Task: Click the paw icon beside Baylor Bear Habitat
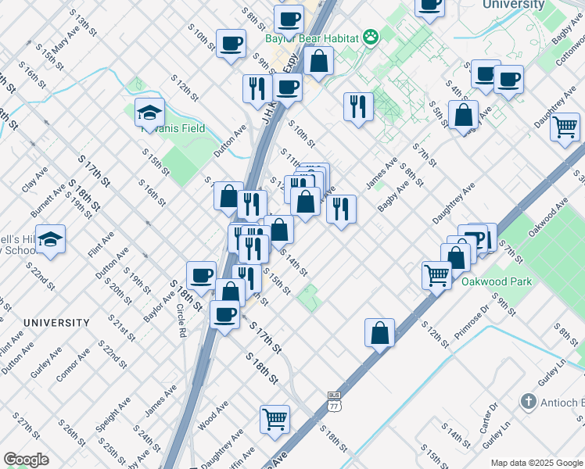click(x=370, y=37)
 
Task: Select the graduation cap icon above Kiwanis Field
click(x=149, y=113)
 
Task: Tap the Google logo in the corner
click(x=26, y=460)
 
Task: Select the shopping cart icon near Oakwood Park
click(x=436, y=274)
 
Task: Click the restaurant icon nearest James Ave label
click(x=341, y=209)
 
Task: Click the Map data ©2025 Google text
click(x=536, y=463)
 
